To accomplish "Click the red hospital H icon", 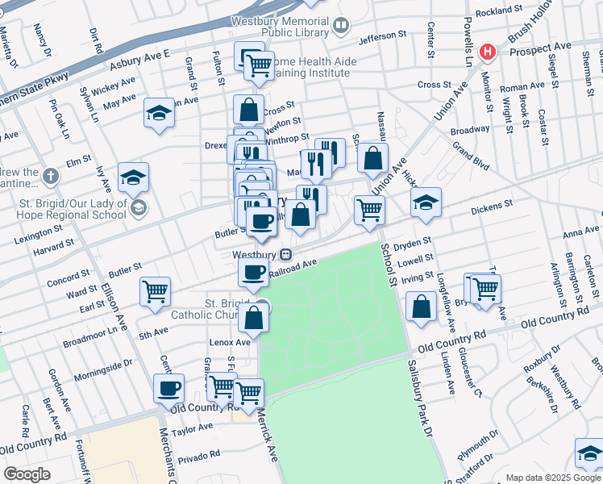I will [488, 52].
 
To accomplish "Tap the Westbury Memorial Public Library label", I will [281, 27].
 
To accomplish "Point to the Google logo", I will [27, 474].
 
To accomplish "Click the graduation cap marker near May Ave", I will [159, 114].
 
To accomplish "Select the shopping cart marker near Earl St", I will [155, 292].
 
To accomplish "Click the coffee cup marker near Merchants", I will [169, 389].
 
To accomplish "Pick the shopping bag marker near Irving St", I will [422, 307].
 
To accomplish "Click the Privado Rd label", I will [198, 454].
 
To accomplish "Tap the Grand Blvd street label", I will [471, 157].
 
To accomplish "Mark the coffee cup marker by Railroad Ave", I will [253, 273].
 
